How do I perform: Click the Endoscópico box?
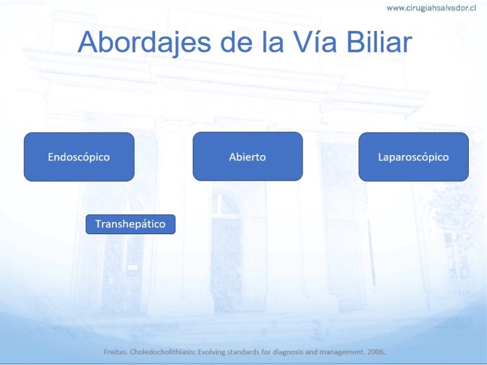click(x=79, y=157)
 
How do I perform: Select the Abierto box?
click(x=248, y=156)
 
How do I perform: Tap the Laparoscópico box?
click(x=414, y=157)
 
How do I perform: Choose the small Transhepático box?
click(x=130, y=224)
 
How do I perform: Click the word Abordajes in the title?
click(x=145, y=43)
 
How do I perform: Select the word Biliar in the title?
click(x=379, y=41)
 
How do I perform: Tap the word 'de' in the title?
click(x=236, y=41)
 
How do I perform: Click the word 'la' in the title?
click(x=273, y=41)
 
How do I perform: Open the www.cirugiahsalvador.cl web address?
click(x=432, y=8)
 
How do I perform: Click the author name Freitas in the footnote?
click(x=116, y=352)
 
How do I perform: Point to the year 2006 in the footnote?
click(x=376, y=352)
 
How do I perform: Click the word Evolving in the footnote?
click(x=211, y=352)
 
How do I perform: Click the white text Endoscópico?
click(x=79, y=157)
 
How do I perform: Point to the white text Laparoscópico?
click(x=413, y=157)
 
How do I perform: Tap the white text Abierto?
click(x=248, y=157)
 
